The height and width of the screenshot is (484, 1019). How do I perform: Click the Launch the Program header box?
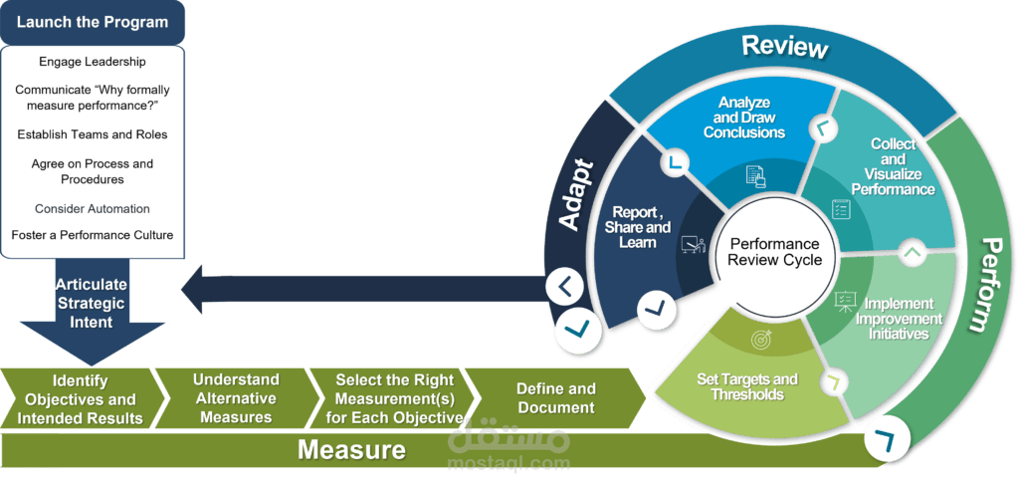tap(93, 23)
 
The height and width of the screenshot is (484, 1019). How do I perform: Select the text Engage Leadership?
tap(93, 62)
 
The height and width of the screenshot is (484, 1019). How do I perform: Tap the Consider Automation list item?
tap(93, 209)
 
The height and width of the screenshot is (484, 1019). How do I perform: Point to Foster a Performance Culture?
tap(93, 235)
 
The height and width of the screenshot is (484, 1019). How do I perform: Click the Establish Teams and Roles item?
tap(93, 134)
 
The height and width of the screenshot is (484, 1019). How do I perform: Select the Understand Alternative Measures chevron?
tap(235, 398)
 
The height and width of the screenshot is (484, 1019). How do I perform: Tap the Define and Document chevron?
tap(554, 398)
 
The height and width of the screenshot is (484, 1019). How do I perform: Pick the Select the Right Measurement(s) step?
tap(394, 398)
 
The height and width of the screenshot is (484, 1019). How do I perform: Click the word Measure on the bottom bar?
tap(351, 450)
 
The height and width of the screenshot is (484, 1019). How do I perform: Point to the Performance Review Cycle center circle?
tap(774, 252)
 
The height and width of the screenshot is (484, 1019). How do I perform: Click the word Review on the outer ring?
tap(785, 47)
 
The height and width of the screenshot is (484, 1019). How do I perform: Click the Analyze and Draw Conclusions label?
tap(744, 118)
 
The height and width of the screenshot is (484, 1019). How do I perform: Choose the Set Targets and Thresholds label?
tap(746, 387)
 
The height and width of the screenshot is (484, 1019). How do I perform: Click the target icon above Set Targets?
tap(760, 339)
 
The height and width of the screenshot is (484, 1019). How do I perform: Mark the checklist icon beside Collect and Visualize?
tap(841, 209)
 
